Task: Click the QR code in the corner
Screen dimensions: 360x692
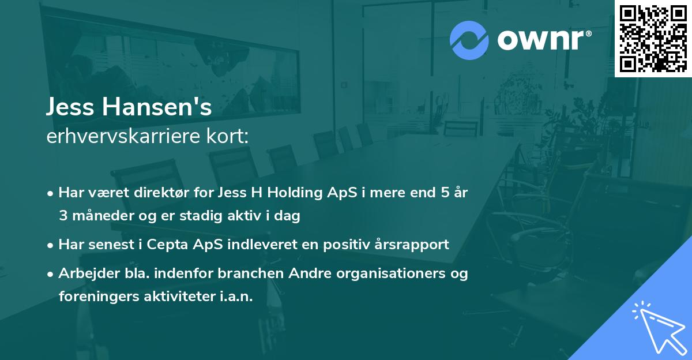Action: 653,39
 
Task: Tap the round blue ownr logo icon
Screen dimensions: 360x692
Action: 469,40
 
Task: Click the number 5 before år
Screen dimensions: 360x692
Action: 445,193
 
